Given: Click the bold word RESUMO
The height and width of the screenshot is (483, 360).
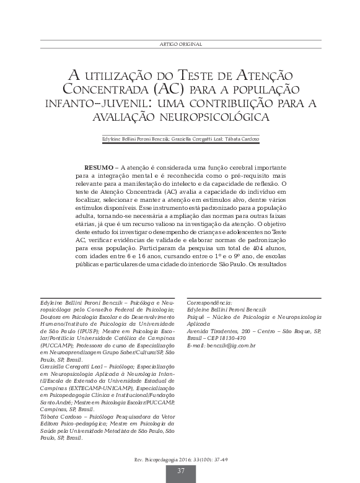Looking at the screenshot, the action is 99,168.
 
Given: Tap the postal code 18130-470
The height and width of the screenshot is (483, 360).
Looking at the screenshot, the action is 234,338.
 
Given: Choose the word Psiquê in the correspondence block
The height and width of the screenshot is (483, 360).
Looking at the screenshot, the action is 196,317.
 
